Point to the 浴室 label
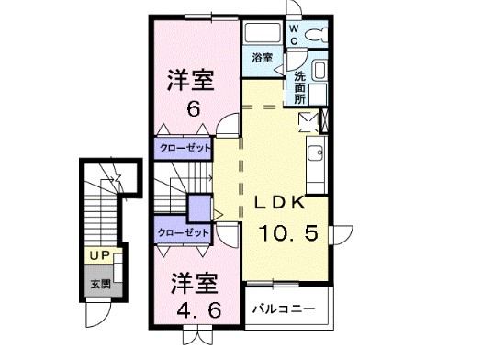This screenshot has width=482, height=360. pyautogui.click(x=263, y=58)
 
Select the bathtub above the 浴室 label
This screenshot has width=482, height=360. pyautogui.click(x=264, y=33)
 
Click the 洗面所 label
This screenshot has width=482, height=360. pyautogui.click(x=300, y=84)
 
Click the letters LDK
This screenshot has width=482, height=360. pyautogui.click(x=279, y=203)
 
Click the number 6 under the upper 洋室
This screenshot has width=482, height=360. pyautogui.click(x=193, y=109)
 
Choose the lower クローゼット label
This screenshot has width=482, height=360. pyautogui.click(x=183, y=233)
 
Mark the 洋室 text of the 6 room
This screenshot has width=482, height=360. pyautogui.click(x=191, y=81)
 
